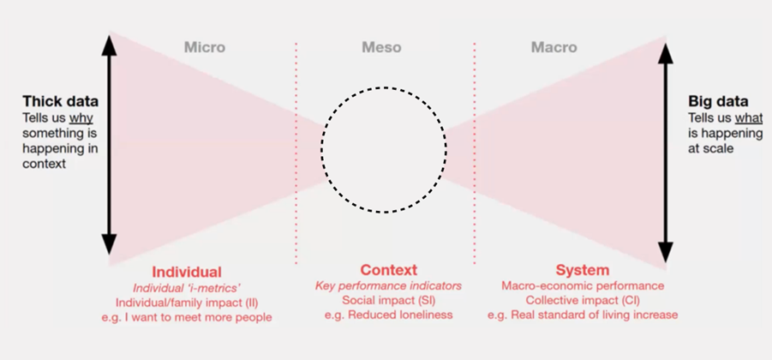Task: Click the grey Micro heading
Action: (x=204, y=47)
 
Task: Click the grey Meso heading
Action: (x=382, y=47)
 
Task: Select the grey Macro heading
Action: (x=554, y=47)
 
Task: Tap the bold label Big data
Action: (x=718, y=101)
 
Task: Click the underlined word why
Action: (x=81, y=117)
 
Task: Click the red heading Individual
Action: (x=187, y=272)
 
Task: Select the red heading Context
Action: (x=388, y=270)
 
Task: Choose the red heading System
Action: (x=582, y=270)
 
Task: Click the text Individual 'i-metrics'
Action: (x=186, y=287)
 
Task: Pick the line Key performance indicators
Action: (x=388, y=285)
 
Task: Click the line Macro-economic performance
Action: (x=583, y=285)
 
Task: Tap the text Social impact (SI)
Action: (x=388, y=300)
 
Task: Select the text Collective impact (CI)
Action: (x=583, y=300)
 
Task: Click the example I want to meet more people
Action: (x=186, y=317)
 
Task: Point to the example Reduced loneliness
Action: (x=388, y=315)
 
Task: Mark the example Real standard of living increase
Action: (x=583, y=315)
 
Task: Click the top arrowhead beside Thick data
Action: (x=109, y=43)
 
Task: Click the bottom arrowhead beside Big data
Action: (x=666, y=253)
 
